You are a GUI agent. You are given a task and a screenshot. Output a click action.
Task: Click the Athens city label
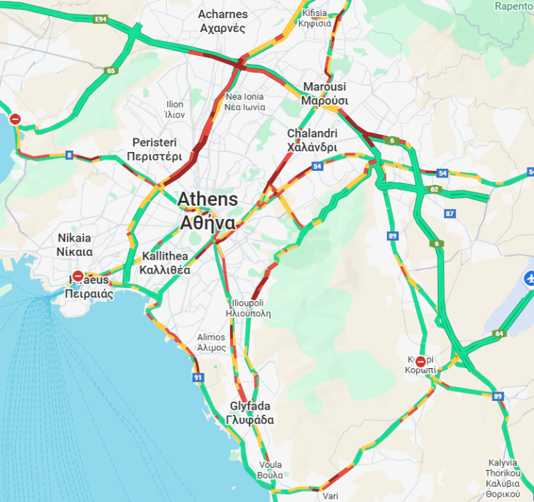tap(207, 210)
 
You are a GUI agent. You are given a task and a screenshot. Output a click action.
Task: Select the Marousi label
tap(324, 93)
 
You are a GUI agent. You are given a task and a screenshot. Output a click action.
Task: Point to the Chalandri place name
tap(312, 140)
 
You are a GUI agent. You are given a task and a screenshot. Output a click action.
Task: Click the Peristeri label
tap(154, 149)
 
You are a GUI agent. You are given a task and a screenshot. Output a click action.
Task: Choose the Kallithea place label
tap(165, 263)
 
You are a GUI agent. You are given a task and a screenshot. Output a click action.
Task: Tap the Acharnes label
tap(223, 21)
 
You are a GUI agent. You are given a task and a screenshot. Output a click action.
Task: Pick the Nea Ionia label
tap(244, 102)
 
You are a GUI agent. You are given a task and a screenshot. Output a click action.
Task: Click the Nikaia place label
tap(75, 244)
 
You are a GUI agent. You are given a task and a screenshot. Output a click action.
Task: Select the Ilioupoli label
tap(250, 308)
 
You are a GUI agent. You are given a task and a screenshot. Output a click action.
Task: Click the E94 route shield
tap(102, 19)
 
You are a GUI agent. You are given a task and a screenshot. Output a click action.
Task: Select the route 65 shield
tap(111, 71)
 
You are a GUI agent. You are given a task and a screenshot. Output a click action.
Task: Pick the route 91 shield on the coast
tap(198, 378)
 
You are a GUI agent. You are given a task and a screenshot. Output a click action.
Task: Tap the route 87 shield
tap(450, 213)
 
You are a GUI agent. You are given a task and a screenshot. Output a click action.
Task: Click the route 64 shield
tap(498, 333)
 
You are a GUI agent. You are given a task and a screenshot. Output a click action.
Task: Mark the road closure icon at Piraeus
tap(78, 276)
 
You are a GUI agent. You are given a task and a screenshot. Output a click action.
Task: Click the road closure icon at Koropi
tap(421, 362)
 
